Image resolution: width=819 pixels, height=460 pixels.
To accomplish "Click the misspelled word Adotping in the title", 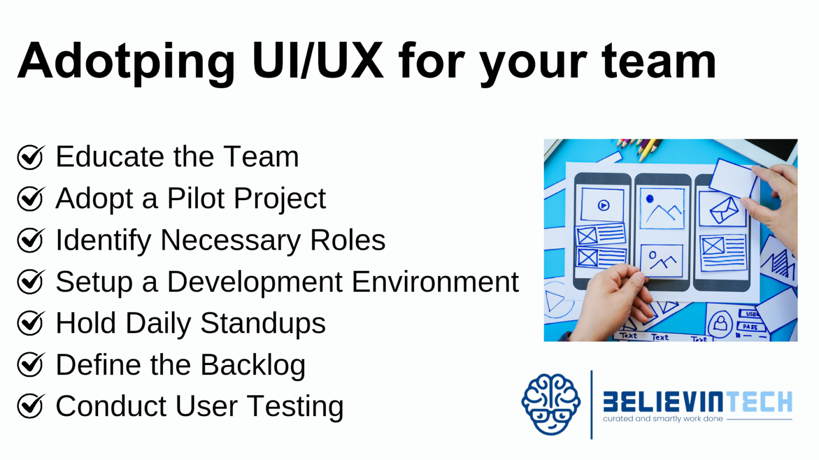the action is [126, 63].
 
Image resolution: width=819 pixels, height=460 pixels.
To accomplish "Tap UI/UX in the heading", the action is [318, 60].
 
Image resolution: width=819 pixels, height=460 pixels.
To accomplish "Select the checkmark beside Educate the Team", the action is [31, 157].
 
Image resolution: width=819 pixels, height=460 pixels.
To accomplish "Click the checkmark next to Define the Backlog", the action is [31, 365].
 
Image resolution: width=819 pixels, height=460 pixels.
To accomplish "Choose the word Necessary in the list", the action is [230, 240].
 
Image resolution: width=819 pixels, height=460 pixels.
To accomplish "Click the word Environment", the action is [435, 282].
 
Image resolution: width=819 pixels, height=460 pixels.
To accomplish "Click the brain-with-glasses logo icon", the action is [551, 405].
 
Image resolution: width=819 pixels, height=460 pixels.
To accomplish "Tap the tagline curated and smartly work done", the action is [663, 419].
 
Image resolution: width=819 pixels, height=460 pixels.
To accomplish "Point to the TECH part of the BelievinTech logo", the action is [757, 402].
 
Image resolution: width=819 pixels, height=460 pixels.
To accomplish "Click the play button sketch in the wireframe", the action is [603, 205].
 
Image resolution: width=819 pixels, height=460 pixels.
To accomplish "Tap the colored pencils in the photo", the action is [639, 148].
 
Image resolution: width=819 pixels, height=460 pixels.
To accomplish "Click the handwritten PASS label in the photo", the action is [750, 326].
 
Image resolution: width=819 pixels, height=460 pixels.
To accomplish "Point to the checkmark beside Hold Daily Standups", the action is [31, 323].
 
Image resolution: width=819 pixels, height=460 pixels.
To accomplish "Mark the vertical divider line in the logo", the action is [592, 405].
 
